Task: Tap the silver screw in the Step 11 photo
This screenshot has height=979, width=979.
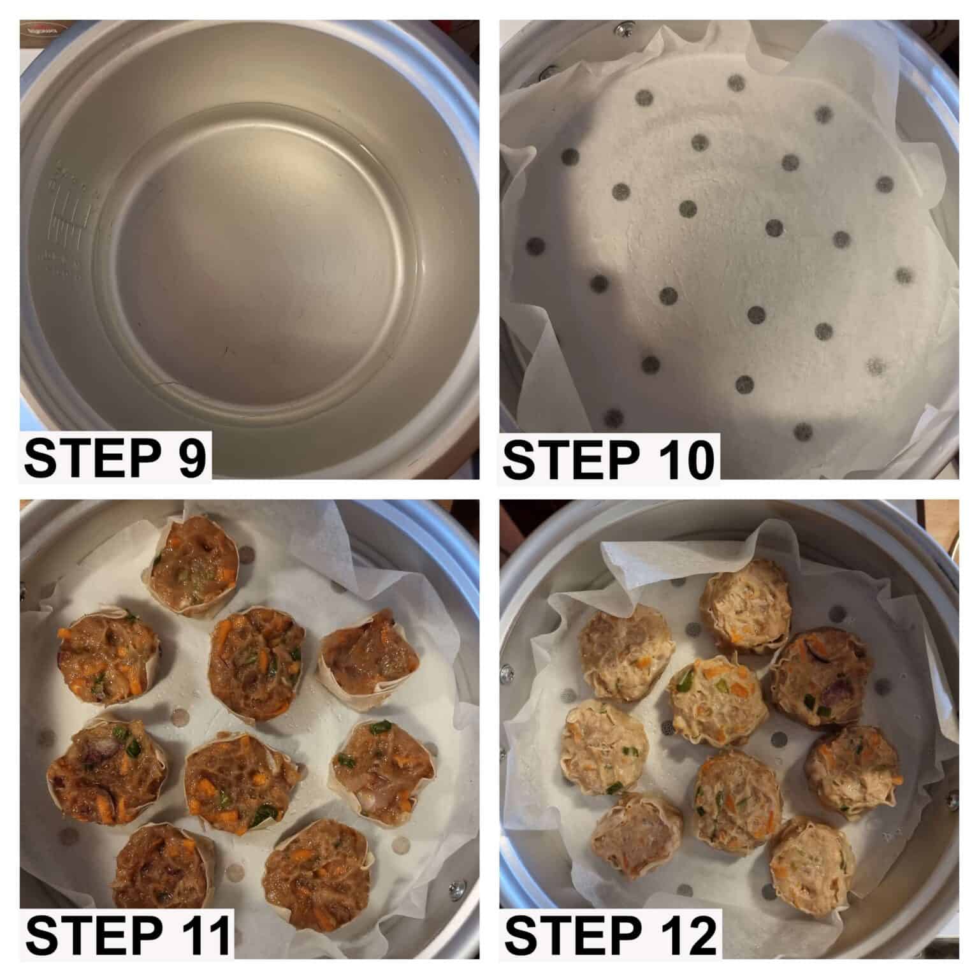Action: (x=456, y=885)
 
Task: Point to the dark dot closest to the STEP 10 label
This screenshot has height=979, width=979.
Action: (x=614, y=417)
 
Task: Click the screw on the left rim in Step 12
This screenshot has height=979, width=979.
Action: (x=508, y=671)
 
